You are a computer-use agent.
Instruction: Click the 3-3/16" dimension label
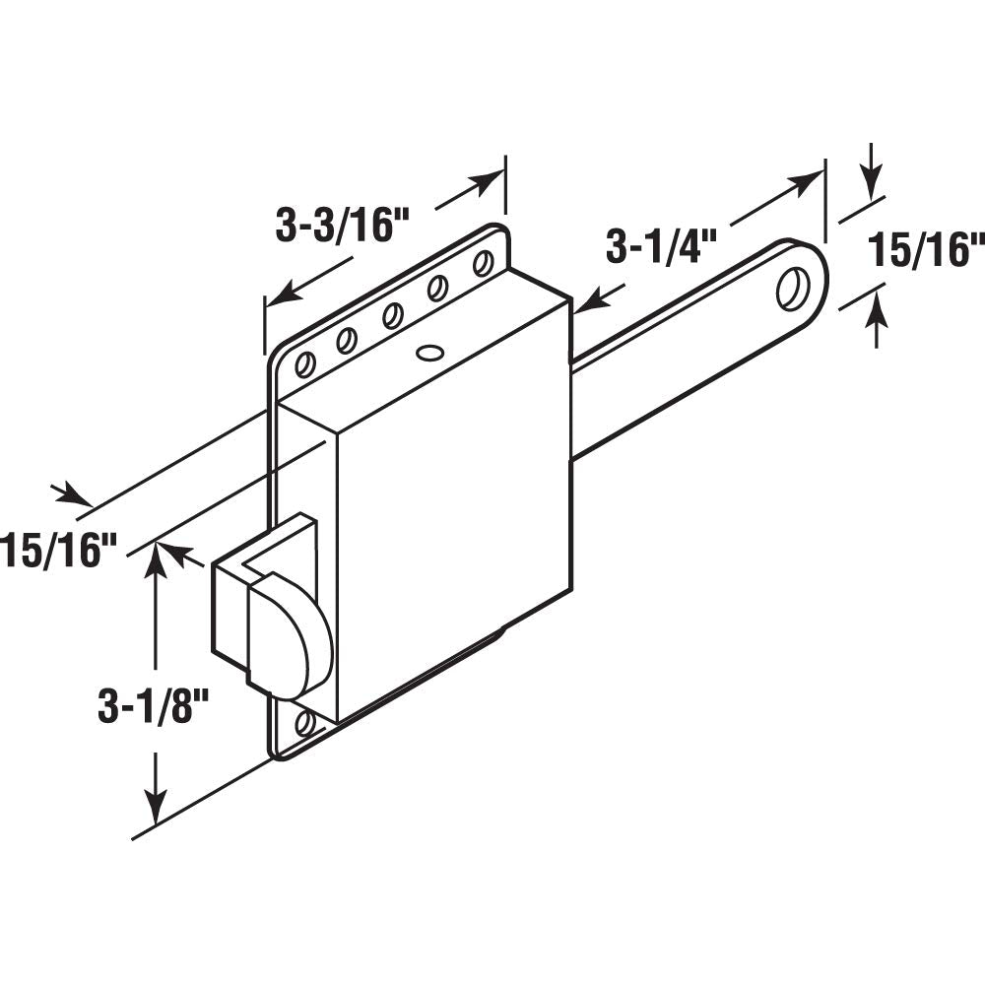tap(328, 227)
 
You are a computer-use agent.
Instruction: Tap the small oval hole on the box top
tap(429, 351)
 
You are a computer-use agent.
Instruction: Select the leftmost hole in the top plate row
tap(305, 364)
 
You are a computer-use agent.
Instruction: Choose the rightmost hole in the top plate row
tap(483, 264)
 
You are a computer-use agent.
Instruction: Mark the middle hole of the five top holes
tap(392, 315)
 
